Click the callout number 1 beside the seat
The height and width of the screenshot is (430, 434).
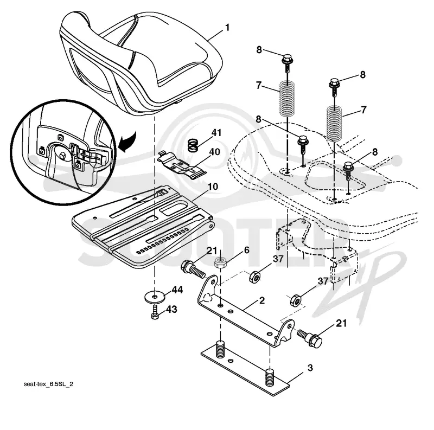[x=227, y=28]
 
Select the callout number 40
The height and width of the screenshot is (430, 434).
[x=214, y=152]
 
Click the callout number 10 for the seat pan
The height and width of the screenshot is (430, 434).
[x=213, y=187]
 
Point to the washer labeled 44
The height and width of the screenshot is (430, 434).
[x=155, y=297]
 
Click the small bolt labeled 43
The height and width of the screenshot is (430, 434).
[x=155, y=312]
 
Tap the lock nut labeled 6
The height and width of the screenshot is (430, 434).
[x=221, y=262]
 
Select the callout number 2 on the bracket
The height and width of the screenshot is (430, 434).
[x=262, y=300]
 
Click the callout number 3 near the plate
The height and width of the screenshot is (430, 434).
[x=310, y=368]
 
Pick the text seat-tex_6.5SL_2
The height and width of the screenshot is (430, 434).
[x=48, y=384]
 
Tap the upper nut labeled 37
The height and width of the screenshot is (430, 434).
[x=254, y=277]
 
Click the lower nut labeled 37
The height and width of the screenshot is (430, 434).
[x=295, y=300]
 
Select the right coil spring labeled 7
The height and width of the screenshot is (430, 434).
[x=335, y=123]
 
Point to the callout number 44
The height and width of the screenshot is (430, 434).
[x=177, y=290]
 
